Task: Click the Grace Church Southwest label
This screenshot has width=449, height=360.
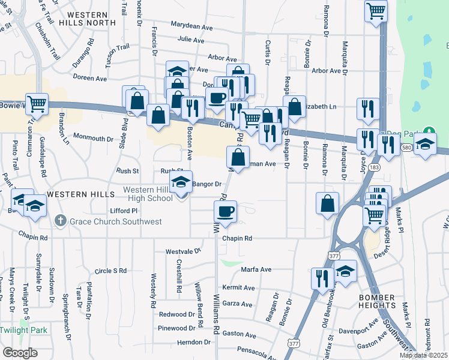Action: [x=116, y=221]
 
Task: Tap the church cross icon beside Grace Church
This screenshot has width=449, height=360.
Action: [x=60, y=221]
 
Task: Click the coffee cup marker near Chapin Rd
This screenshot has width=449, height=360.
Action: [x=226, y=212]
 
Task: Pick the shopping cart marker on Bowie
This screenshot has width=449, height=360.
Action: [x=37, y=104]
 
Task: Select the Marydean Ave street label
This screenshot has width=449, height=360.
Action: [x=191, y=27]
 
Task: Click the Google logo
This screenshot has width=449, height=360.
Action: [x=20, y=352]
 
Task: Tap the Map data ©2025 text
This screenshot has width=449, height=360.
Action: [x=423, y=355]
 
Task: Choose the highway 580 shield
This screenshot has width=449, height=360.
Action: [x=407, y=147]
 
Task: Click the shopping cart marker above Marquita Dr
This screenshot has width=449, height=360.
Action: [x=376, y=10]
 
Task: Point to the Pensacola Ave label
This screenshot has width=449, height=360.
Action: [x=255, y=348]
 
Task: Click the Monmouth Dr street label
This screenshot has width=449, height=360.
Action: [x=93, y=139]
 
